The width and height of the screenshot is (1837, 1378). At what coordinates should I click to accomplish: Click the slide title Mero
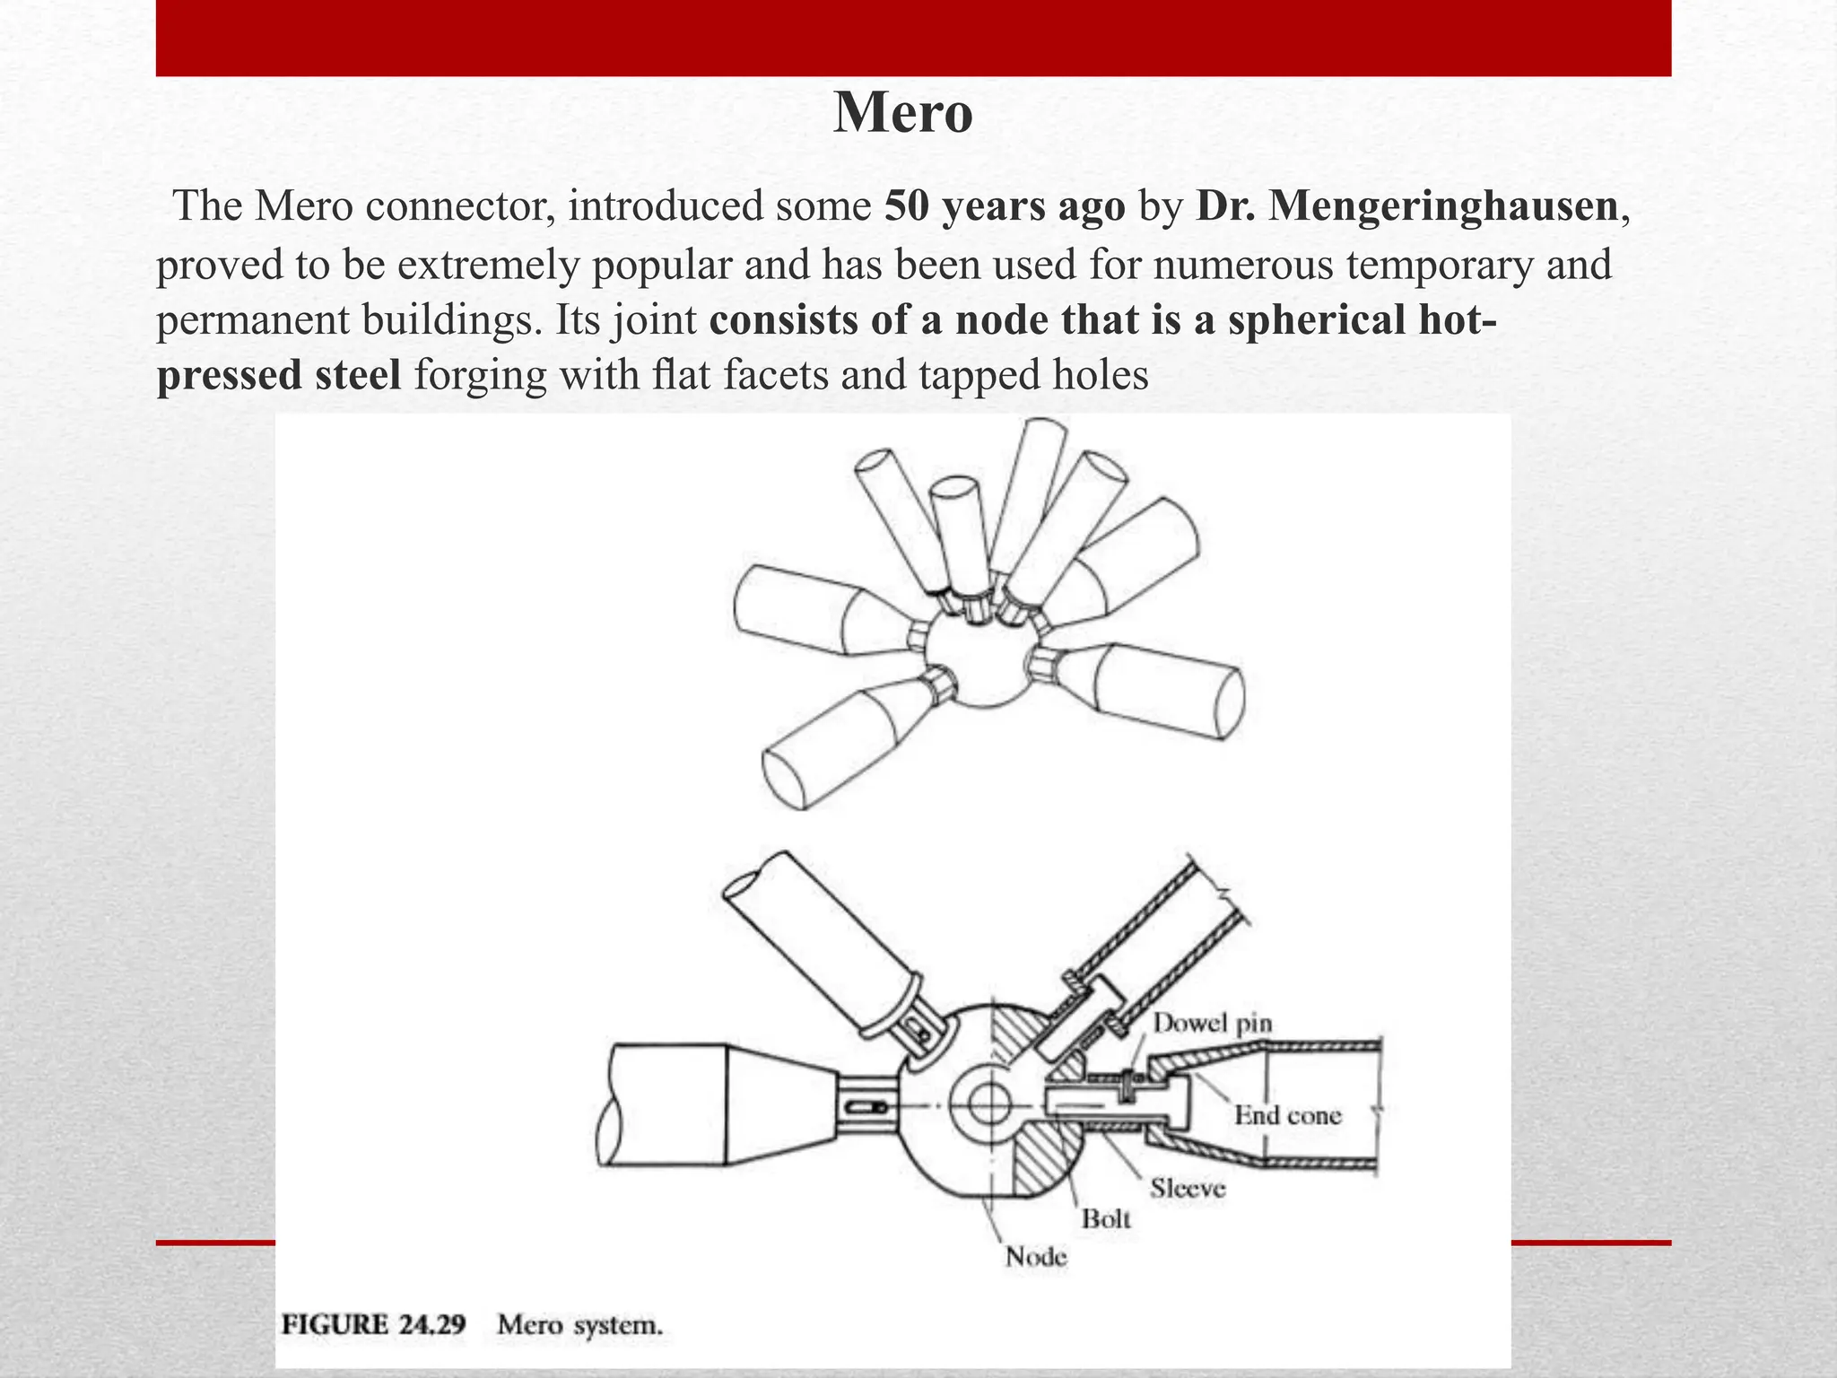902,114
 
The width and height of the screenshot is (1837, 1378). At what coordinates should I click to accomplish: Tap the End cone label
1287,1115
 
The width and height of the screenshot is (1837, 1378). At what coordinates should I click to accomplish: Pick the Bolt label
1106,1219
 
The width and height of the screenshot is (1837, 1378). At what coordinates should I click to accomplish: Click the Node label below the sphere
1036,1256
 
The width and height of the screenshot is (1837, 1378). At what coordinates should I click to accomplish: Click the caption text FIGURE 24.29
374,1325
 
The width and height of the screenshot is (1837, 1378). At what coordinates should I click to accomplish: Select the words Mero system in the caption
579,1325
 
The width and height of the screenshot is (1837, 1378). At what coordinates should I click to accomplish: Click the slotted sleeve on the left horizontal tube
866,1108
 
